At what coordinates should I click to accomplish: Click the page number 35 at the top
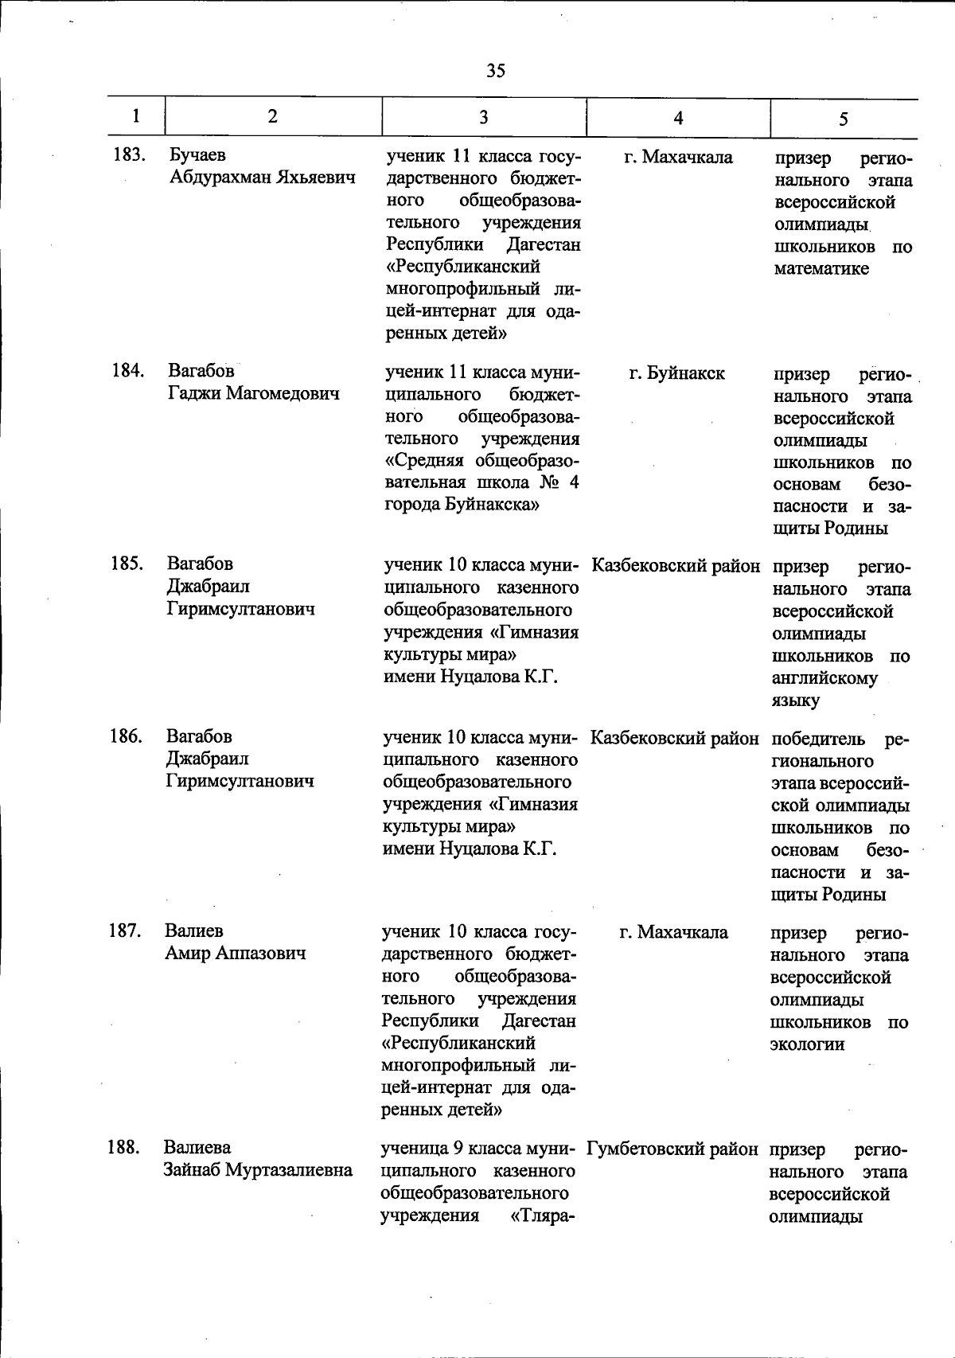(x=495, y=71)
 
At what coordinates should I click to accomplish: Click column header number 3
(x=483, y=117)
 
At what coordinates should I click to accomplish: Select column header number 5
(x=843, y=119)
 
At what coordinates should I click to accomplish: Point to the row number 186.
(x=126, y=736)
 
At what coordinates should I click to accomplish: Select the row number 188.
(x=124, y=1148)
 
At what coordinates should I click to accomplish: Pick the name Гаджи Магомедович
(x=253, y=393)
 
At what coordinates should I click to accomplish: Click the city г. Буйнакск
(x=676, y=373)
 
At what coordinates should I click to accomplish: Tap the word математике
(x=821, y=268)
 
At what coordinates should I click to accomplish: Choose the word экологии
(x=807, y=1044)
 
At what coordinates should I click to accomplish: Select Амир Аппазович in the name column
(x=235, y=953)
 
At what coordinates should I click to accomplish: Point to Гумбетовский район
(x=672, y=1149)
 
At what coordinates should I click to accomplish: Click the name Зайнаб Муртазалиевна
(x=258, y=1170)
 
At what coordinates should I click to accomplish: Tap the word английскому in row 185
(x=824, y=678)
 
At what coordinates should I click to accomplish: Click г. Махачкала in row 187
(x=673, y=932)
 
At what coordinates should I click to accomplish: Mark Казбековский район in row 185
(x=676, y=566)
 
